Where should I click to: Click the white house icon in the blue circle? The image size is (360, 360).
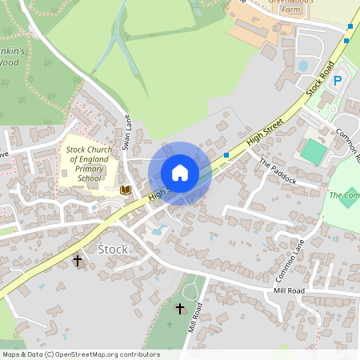179,172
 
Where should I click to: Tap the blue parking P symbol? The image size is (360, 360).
337,80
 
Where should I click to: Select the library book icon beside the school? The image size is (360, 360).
125,190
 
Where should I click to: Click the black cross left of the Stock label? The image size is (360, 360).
78,260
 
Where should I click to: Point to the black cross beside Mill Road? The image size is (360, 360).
179,308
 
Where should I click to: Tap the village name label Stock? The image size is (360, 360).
112,249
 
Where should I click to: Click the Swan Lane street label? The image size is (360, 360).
126,131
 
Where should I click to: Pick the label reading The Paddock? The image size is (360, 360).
278,170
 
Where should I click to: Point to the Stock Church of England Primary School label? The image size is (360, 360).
90,164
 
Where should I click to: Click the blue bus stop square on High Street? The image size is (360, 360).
227,154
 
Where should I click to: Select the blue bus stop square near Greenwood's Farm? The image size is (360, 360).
350,27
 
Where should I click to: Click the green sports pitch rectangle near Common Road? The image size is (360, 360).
314,150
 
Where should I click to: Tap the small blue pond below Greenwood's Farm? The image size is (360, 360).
302,66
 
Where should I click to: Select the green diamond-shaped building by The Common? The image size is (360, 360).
348,198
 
